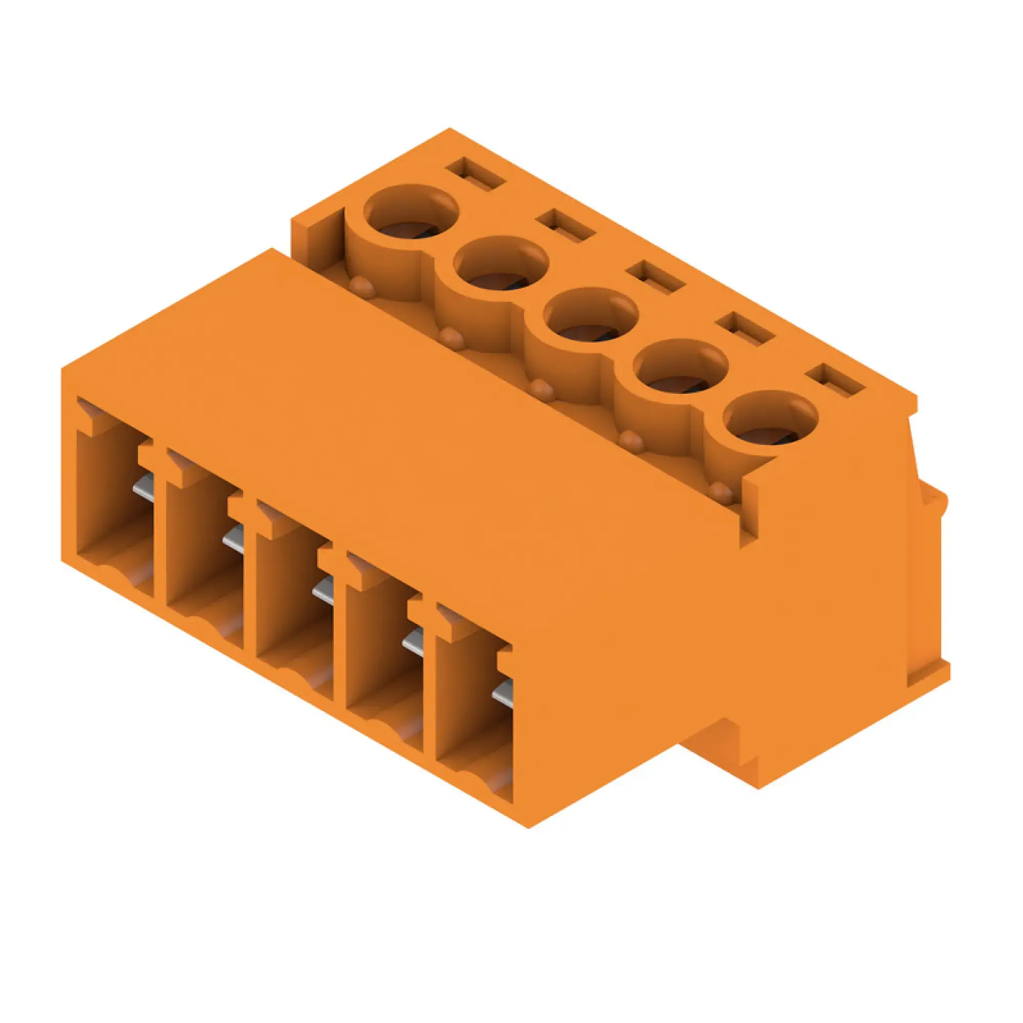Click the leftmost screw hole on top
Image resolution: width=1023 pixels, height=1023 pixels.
click(411, 213)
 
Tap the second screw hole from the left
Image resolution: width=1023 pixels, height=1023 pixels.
click(501, 265)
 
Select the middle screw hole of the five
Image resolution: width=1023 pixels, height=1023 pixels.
click(591, 316)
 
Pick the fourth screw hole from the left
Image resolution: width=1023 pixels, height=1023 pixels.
click(681, 367)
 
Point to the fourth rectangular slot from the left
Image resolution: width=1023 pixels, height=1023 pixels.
click(745, 329)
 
